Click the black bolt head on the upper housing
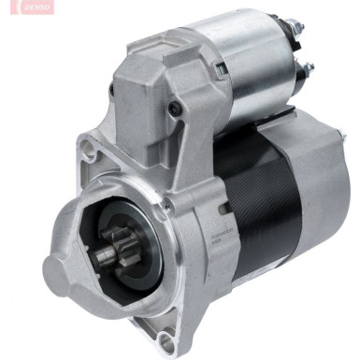click(x=175, y=108)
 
